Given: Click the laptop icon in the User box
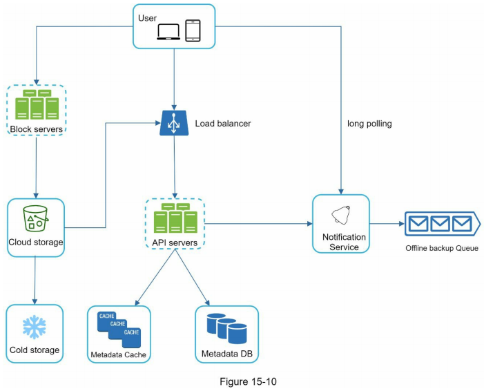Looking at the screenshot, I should pos(169,32).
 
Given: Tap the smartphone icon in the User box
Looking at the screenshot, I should pos(193,30).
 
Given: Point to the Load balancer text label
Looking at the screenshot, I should pos(222,124).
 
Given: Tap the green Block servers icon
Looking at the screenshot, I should pos(35,105).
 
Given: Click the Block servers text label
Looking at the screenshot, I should pos(35,129).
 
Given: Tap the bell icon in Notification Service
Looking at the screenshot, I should pos(340,216).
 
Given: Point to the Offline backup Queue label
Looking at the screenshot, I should pos(442,248).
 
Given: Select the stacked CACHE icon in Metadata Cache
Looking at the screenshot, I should pos(118,328).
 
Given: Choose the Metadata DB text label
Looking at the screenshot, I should pos(226,354).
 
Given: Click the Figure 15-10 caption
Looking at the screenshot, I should pos(242,380).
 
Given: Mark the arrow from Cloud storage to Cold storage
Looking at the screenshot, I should pos(35,279).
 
